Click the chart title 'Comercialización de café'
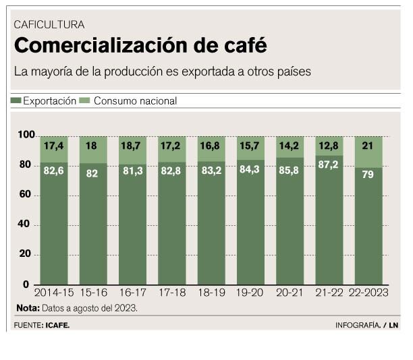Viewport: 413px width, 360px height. pyautogui.click(x=140, y=46)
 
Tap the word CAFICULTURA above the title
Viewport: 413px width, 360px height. pyautogui.click(x=49, y=24)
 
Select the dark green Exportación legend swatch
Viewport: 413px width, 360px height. pyautogui.click(x=16, y=100)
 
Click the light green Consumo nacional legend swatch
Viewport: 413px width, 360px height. pyautogui.click(x=84, y=100)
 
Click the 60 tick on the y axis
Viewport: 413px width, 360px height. pyautogui.click(x=26, y=196)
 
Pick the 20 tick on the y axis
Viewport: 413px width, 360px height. pyautogui.click(x=26, y=254)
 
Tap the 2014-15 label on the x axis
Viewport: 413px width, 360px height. pyautogui.click(x=53, y=294)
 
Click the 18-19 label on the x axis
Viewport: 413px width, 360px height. pyautogui.click(x=211, y=294)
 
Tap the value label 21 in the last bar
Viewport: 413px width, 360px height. pyautogui.click(x=368, y=146)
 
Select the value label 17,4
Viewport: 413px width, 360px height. pyautogui.click(x=53, y=146)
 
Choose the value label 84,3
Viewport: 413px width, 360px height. pyautogui.click(x=250, y=168)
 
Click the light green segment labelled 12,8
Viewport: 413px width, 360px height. pyautogui.click(x=329, y=146)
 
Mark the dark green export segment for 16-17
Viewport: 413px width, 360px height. pyautogui.click(x=132, y=229)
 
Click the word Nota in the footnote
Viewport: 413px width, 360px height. pyautogui.click(x=27, y=308)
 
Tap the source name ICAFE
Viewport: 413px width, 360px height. pyautogui.click(x=57, y=325)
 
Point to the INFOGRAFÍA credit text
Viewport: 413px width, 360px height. pyautogui.click(x=358, y=325)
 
